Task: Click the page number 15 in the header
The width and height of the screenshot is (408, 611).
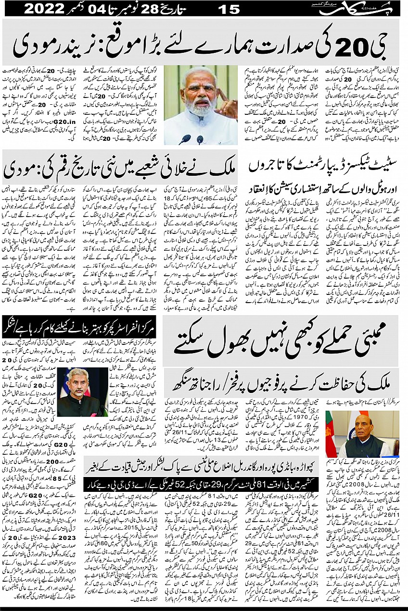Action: click(x=230, y=9)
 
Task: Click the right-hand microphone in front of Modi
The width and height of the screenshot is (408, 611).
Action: click(x=200, y=140)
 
